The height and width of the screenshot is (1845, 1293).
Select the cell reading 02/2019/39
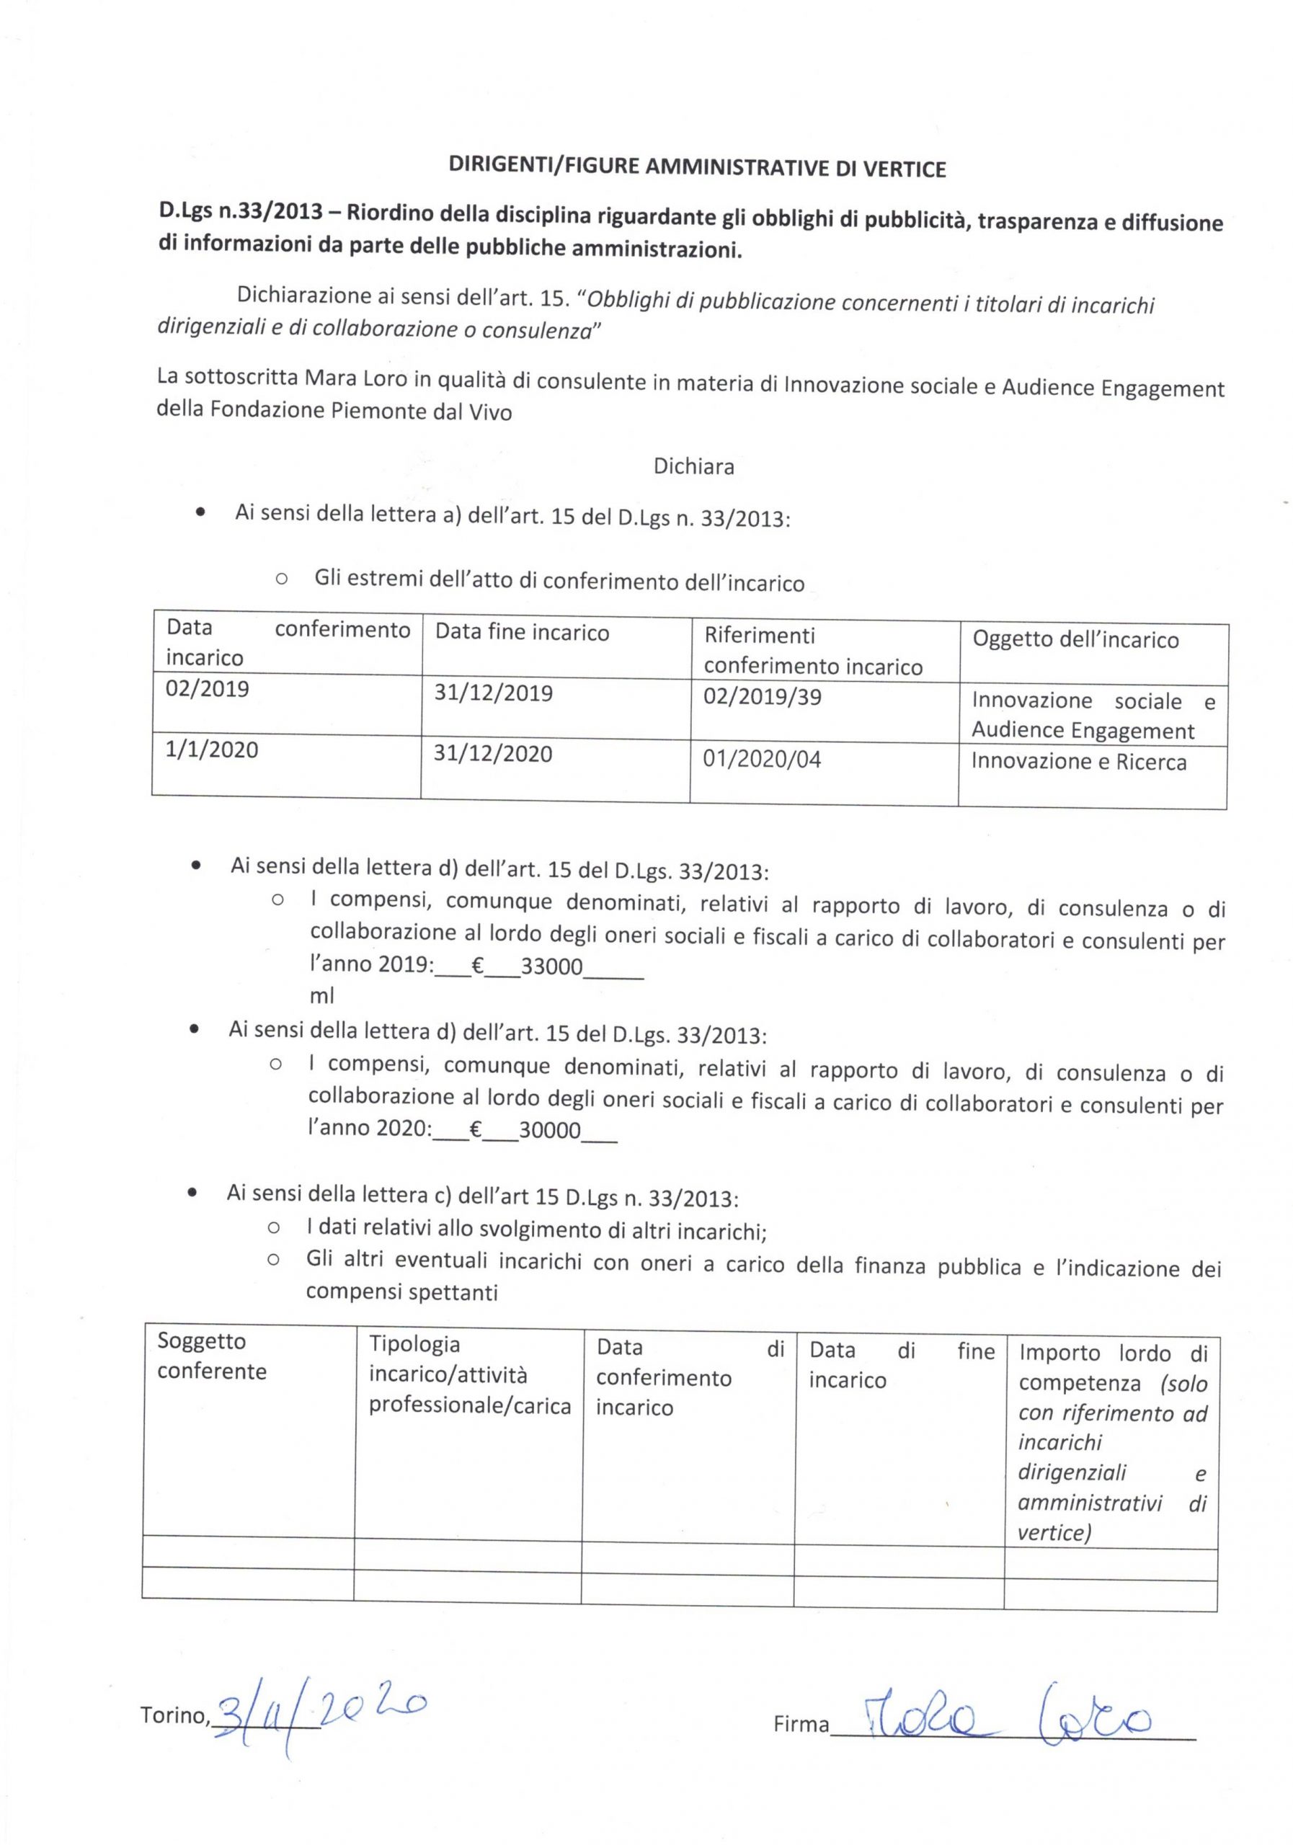click(762, 697)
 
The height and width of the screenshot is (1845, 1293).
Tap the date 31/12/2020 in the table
click(492, 754)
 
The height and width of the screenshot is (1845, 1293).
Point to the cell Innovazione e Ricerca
click(1077, 762)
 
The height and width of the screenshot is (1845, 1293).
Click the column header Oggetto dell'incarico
click(1075, 641)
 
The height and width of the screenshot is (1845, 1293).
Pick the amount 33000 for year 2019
click(551, 966)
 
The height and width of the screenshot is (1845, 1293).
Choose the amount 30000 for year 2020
click(549, 1131)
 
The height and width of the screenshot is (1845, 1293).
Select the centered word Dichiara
click(693, 467)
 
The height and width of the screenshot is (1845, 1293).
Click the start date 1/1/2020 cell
click(211, 750)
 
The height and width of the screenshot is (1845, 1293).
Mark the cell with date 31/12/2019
click(494, 693)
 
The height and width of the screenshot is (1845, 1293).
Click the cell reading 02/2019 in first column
click(208, 690)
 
